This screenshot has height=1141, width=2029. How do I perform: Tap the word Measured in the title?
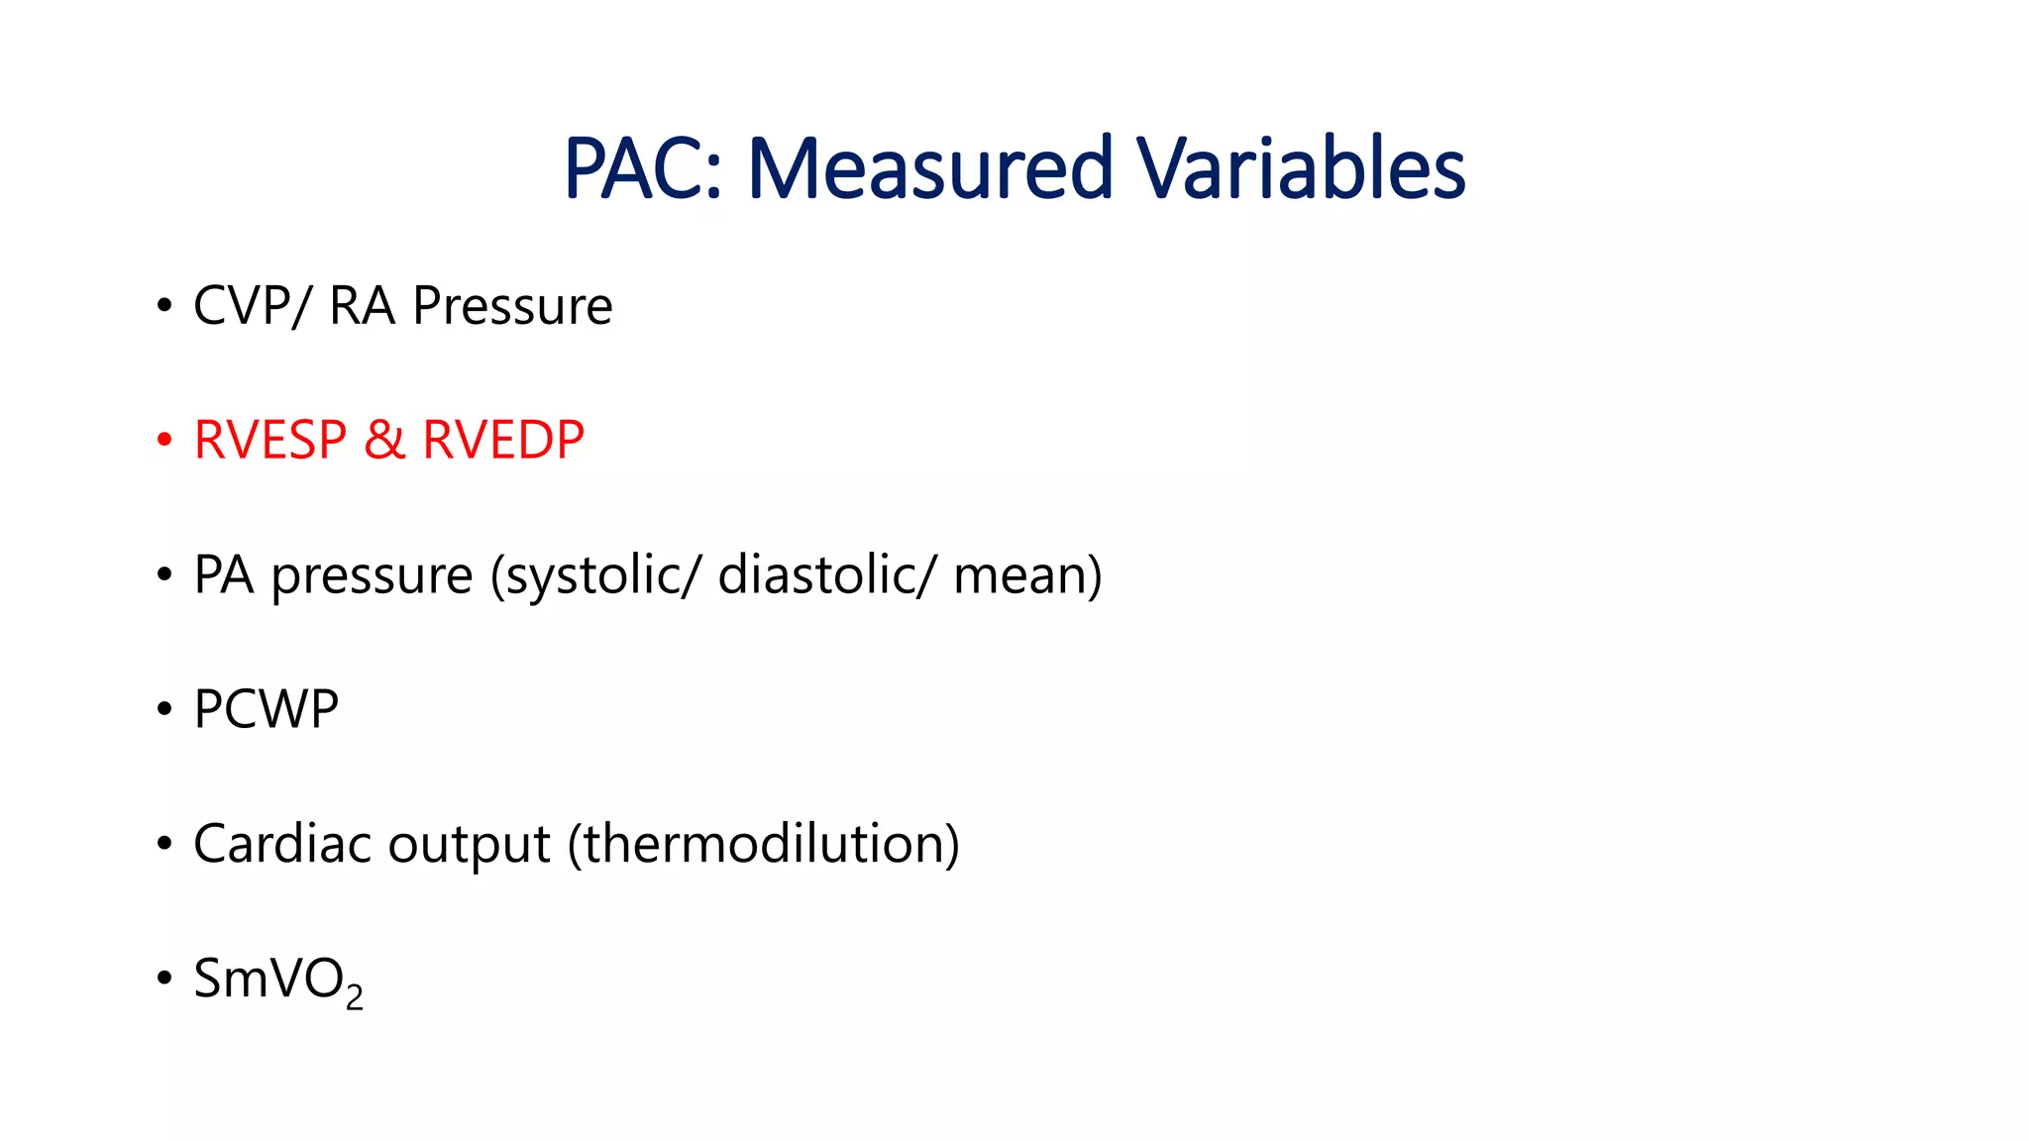pos(930,168)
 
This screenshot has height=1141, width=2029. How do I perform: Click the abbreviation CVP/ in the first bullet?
pos(252,305)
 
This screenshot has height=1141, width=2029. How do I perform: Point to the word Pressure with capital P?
pos(512,305)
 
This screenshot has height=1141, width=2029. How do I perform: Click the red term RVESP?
pos(270,440)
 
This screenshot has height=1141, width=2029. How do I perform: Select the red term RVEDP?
pos(503,440)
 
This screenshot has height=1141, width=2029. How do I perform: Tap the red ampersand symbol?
pos(384,440)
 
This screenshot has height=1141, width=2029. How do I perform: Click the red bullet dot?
pos(164,440)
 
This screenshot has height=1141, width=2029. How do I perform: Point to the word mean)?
pos(1027,575)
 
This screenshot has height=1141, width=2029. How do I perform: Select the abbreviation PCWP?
pos(266,709)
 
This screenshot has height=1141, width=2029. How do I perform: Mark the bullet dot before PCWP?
pos(164,709)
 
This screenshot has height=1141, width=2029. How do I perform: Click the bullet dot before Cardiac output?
pos(164,844)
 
